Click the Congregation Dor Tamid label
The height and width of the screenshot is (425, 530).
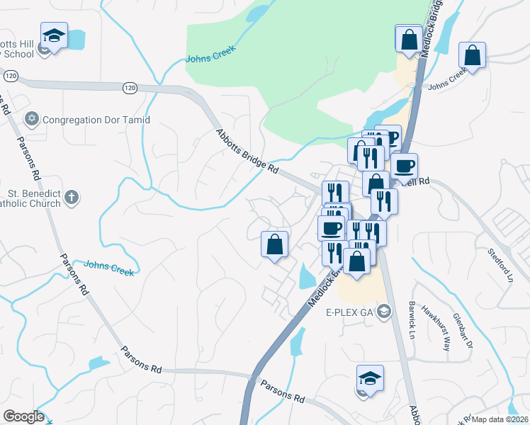96,120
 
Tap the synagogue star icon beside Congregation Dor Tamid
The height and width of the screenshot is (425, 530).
30,119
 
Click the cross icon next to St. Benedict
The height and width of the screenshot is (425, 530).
71,198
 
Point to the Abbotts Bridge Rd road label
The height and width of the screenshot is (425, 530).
247,149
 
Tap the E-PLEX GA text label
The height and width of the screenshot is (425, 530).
349,312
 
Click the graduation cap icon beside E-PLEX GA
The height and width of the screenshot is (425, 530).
384,311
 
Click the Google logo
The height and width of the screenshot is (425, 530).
23,416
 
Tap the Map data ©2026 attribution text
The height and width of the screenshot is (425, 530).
499,419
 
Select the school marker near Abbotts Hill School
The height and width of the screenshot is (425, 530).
53,36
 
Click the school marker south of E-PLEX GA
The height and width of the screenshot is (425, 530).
370,378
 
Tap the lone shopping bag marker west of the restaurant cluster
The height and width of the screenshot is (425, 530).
275,244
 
